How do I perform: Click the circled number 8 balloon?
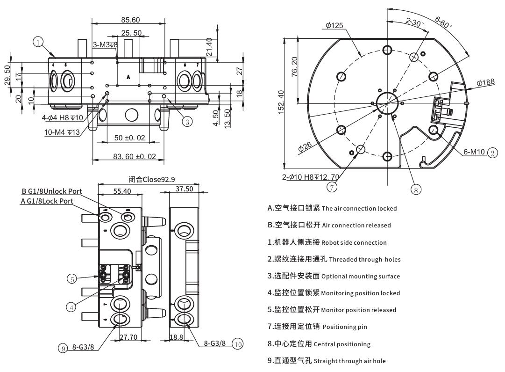click(x=415, y=189)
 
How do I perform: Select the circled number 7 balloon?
click(x=331, y=187)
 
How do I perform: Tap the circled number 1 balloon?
click(x=38, y=42)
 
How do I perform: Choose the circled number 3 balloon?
click(x=186, y=122)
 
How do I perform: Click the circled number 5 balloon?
click(x=71, y=279)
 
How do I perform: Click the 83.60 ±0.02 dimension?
click(x=135, y=156)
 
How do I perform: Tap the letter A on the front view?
click(x=128, y=75)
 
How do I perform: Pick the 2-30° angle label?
click(x=414, y=22)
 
